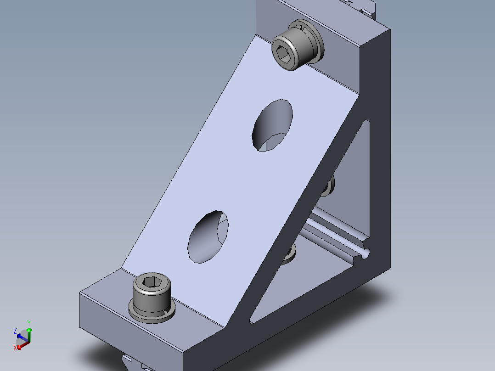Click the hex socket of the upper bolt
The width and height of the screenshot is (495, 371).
[x=283, y=54]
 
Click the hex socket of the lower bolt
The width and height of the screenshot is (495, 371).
[x=152, y=281]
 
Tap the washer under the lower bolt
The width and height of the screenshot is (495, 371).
[x=152, y=313]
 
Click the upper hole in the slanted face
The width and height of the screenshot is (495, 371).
[x=272, y=125]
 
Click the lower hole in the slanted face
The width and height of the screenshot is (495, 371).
[x=208, y=237]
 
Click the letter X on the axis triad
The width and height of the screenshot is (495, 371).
[x=15, y=348]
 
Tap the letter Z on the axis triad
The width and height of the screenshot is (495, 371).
[x=15, y=331]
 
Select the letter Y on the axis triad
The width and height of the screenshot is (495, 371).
[x=29, y=323]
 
